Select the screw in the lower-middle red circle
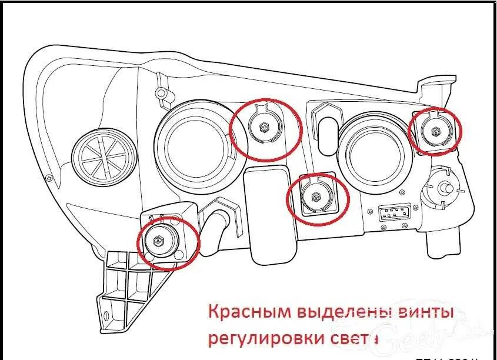[316, 196]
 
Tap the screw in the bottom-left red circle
[158, 241]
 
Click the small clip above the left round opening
[161, 93]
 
